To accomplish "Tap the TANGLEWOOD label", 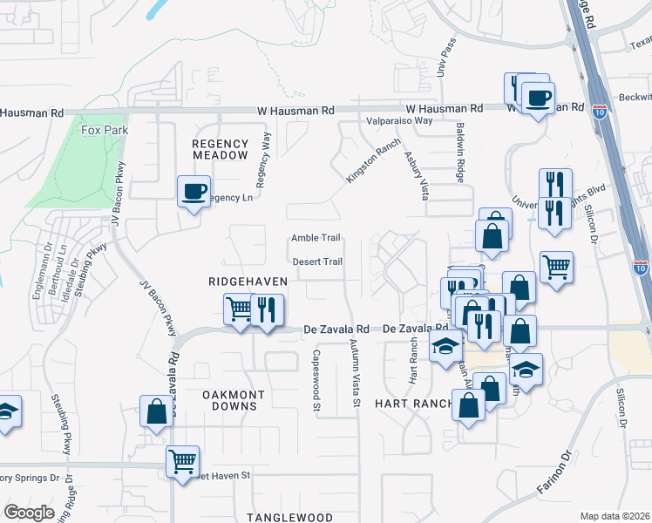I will (x=289, y=517).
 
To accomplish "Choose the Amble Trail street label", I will (x=316, y=238).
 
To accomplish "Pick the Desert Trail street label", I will (x=316, y=261).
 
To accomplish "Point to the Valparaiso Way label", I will (x=399, y=120).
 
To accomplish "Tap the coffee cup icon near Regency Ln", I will (x=194, y=190).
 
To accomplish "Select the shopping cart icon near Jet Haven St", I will (x=182, y=461).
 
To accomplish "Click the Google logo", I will (x=30, y=513).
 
